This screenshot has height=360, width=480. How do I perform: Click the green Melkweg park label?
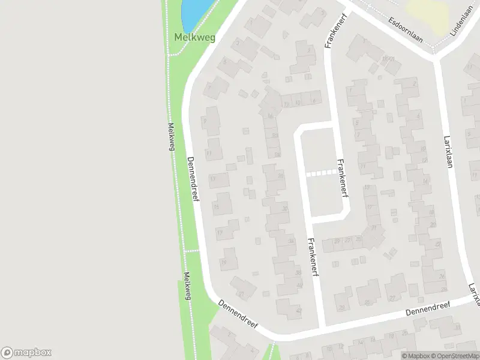(x=194, y=37)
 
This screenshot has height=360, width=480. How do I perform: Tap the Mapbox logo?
(x=26, y=352)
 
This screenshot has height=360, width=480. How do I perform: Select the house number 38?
(x=299, y=272)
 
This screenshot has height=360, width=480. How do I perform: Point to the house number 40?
(x=299, y=285)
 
